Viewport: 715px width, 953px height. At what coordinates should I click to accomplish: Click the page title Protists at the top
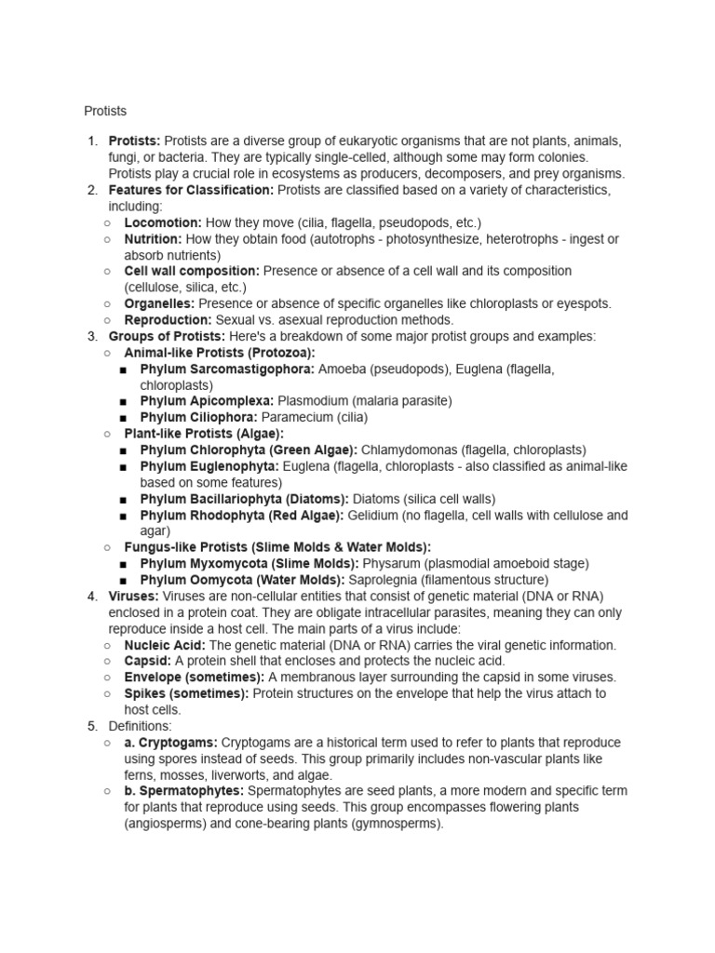pos(104,111)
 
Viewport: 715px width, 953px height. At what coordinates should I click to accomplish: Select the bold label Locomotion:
pos(163,222)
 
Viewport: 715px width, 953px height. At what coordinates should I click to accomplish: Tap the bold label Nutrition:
pos(152,239)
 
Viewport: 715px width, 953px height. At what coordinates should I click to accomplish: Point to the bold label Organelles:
pos(159,303)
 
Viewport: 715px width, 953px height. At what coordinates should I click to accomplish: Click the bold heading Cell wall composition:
pos(192,271)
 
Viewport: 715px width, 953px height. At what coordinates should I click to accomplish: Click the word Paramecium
pos(301,417)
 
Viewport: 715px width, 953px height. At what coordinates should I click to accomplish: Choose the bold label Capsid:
pos(147,661)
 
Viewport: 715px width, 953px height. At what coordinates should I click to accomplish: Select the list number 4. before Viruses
pos(92,596)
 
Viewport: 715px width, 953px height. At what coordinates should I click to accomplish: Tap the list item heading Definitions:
pos(140,725)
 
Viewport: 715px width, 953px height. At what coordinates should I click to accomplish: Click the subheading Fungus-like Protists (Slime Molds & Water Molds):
pos(277,547)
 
